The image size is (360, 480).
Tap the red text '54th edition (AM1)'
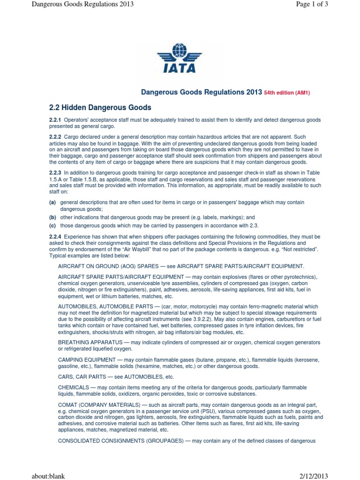(x=287, y=93)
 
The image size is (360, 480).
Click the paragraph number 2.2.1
(x=55, y=120)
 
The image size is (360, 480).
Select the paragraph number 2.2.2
(x=55, y=135)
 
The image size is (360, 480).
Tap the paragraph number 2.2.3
(x=55, y=173)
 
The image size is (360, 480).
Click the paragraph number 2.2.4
(x=55, y=236)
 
